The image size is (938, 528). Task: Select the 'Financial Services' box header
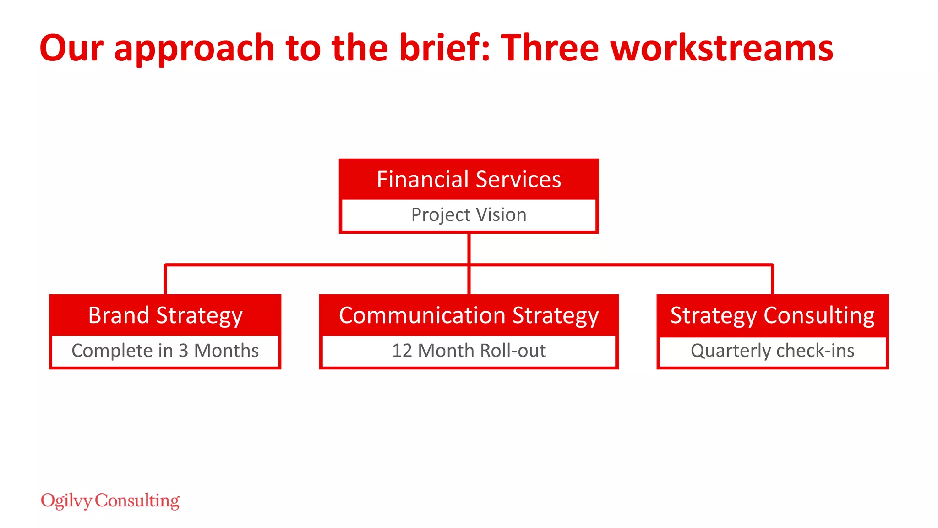[x=469, y=179]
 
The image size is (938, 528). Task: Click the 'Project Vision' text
[x=469, y=214]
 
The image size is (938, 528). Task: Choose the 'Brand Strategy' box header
[x=165, y=315]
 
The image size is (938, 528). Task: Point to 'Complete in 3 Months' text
[x=165, y=351]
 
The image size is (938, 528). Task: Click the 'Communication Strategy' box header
[x=469, y=315]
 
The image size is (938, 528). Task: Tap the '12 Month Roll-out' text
[x=469, y=351]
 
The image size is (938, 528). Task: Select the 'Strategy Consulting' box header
[x=772, y=315]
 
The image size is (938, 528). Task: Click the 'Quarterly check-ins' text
[x=772, y=351]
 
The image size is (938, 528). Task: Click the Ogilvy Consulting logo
[x=110, y=500]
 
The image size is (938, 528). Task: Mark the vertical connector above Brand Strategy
[x=165, y=280]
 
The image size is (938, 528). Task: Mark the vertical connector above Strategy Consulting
[x=773, y=280]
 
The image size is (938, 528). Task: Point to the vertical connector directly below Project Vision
[x=469, y=248]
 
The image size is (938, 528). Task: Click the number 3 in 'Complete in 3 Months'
[x=183, y=351]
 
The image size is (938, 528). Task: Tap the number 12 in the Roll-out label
[x=402, y=351]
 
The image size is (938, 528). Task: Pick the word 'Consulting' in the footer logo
[x=137, y=500]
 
